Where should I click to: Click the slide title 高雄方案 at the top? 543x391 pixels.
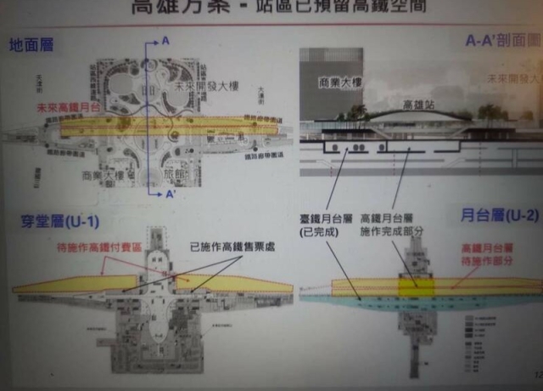173,9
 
